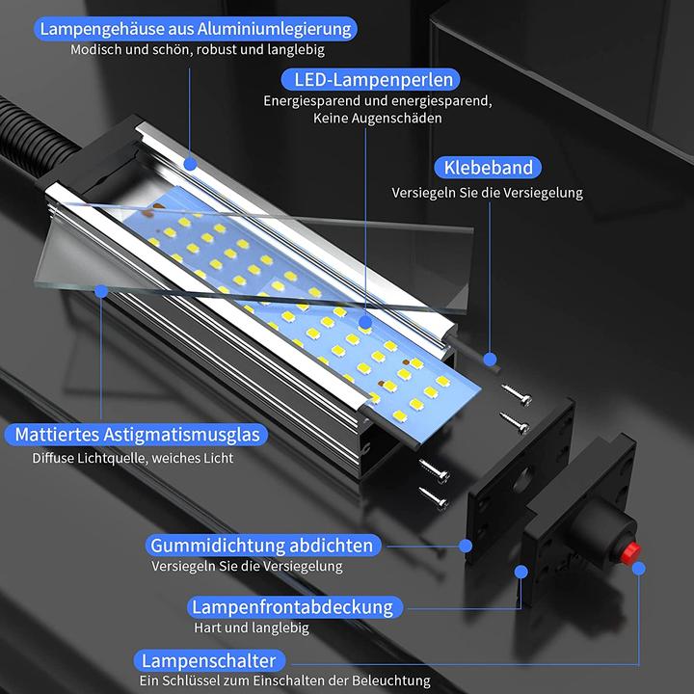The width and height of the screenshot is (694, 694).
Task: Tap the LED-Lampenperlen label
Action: point(370,79)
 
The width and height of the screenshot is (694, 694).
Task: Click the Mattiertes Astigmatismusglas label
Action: point(137,435)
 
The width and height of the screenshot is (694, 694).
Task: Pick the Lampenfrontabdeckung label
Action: point(292,607)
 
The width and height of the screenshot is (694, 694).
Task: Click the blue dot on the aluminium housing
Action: point(190,165)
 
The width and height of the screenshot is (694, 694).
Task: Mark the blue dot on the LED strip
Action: point(366,325)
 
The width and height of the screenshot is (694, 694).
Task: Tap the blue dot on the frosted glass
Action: point(103,290)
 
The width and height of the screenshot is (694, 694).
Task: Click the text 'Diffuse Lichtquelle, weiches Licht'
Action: point(132,459)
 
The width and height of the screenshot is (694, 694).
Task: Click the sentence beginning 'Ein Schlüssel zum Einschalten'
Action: point(283,681)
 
